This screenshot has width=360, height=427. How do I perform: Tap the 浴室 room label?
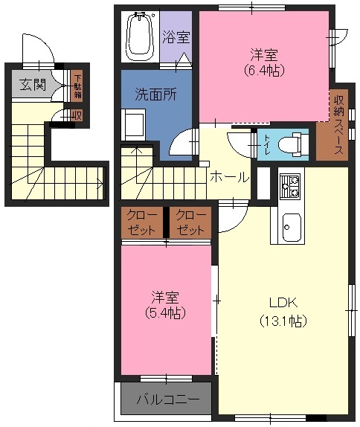pyautogui.click(x=176, y=37)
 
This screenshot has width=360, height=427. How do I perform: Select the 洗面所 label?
pyautogui.click(x=155, y=94)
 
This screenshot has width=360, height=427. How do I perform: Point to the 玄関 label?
pyautogui.click(x=33, y=84)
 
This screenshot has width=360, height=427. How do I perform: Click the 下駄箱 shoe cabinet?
pyautogui.click(x=77, y=86)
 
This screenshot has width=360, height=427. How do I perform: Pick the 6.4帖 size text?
pyautogui.click(x=264, y=71)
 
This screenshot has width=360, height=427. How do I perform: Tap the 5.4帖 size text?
pyautogui.click(x=165, y=313)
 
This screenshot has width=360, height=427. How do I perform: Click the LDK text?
pyautogui.click(x=283, y=303)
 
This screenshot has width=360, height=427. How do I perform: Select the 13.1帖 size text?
pyautogui.click(x=283, y=321)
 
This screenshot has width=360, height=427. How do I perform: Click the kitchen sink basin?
pyautogui.click(x=292, y=227)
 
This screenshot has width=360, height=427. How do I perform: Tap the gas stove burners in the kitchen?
pyautogui.click(x=290, y=187)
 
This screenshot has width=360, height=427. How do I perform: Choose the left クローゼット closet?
pyautogui.click(x=142, y=222)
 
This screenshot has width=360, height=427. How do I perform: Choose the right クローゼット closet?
pyautogui.click(x=190, y=222)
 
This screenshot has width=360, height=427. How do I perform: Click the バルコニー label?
pyautogui.click(x=168, y=399)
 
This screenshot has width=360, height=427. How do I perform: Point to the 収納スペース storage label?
pyautogui.click(x=339, y=125)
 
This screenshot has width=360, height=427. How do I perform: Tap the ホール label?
pyautogui.click(x=230, y=178)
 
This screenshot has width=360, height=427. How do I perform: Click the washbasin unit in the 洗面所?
pyautogui.click(x=134, y=124)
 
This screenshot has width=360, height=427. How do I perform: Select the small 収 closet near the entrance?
pyautogui.click(x=77, y=116)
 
